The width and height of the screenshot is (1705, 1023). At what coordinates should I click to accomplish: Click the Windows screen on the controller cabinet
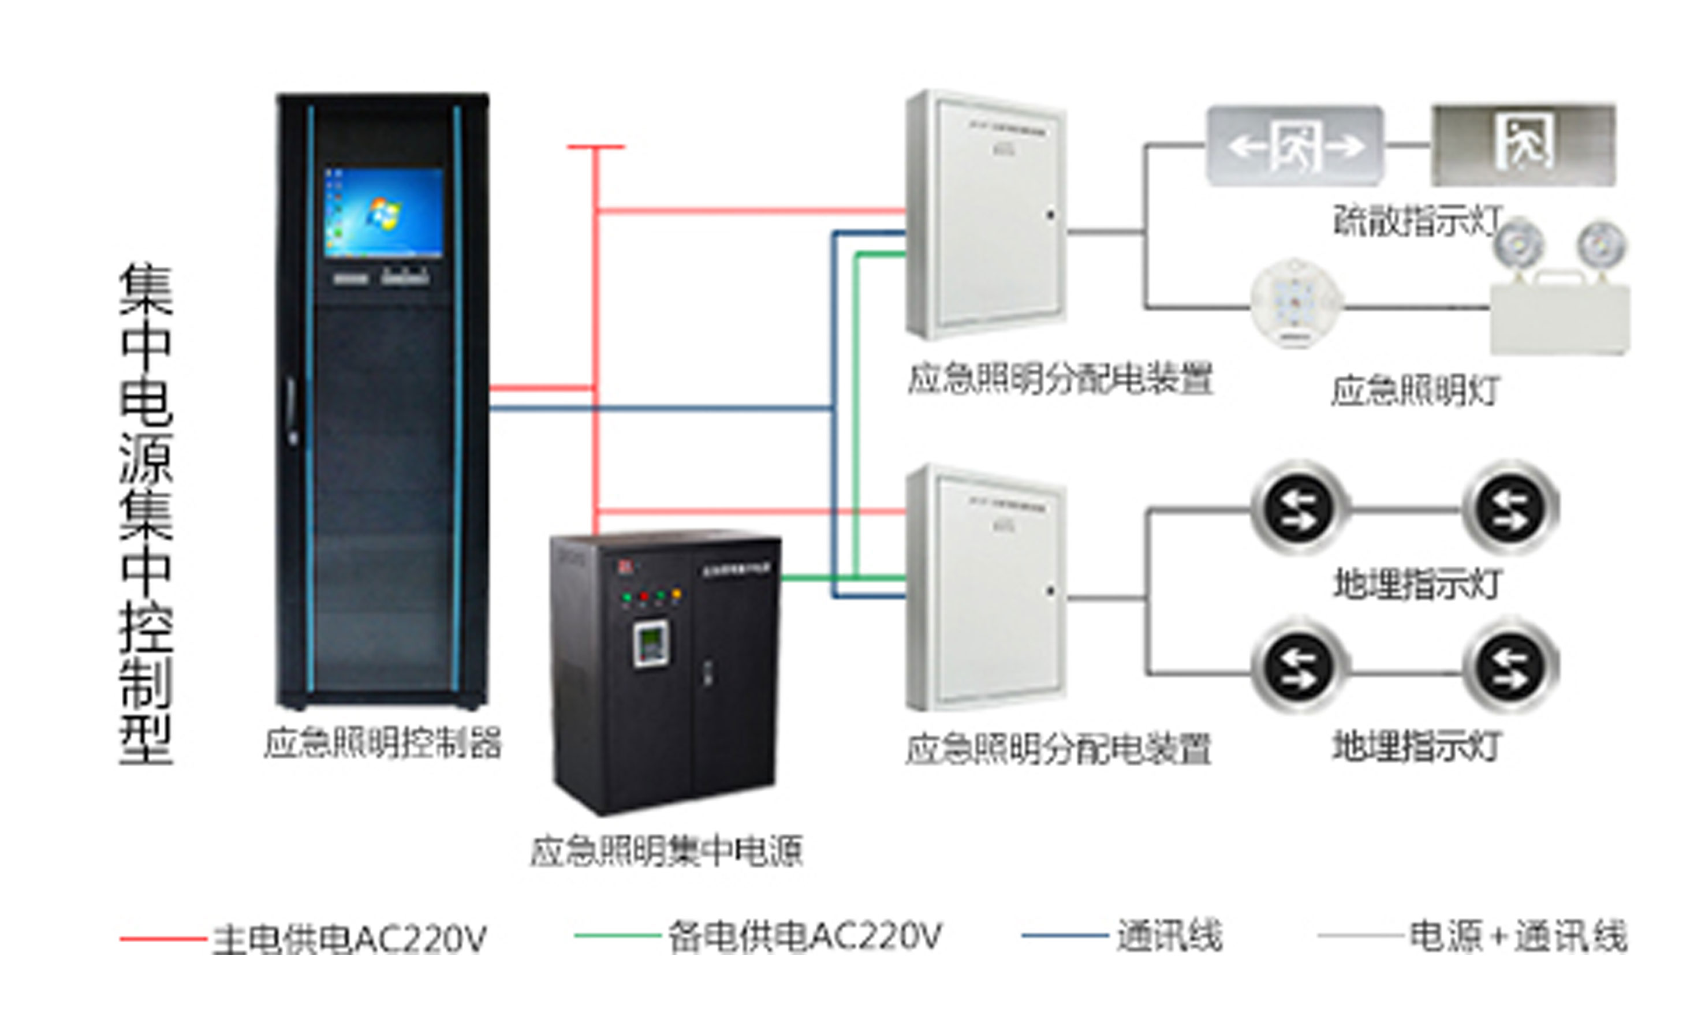click(x=383, y=212)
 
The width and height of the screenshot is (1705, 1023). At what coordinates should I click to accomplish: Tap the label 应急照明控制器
click(x=383, y=742)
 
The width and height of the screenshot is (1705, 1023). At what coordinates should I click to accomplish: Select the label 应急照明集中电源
click(x=666, y=850)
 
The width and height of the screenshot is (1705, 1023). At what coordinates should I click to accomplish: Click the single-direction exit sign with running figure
click(x=1524, y=145)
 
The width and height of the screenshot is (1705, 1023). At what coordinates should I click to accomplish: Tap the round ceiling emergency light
click(x=1296, y=303)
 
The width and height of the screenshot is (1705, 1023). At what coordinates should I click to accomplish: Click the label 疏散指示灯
click(x=1417, y=221)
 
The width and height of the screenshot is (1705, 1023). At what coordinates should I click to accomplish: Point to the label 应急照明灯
click(x=1415, y=391)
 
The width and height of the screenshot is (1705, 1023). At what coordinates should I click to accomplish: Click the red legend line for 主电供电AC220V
click(x=163, y=938)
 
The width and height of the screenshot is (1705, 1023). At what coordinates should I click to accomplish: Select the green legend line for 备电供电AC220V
click(x=617, y=935)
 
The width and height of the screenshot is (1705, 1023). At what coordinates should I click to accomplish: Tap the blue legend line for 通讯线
click(x=1065, y=935)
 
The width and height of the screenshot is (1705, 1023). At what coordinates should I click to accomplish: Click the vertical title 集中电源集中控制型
click(x=146, y=514)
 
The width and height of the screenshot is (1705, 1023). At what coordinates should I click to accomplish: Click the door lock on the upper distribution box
click(x=1050, y=215)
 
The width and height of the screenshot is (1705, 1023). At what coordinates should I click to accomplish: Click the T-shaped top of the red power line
click(x=596, y=147)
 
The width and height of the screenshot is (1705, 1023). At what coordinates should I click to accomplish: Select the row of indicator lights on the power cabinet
click(x=651, y=596)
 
